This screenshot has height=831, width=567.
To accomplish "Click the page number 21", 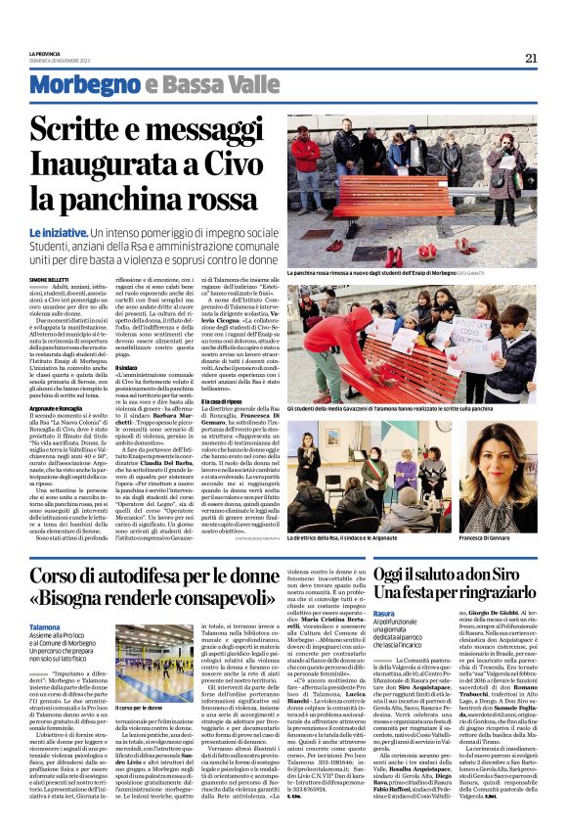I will click(531, 58).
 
